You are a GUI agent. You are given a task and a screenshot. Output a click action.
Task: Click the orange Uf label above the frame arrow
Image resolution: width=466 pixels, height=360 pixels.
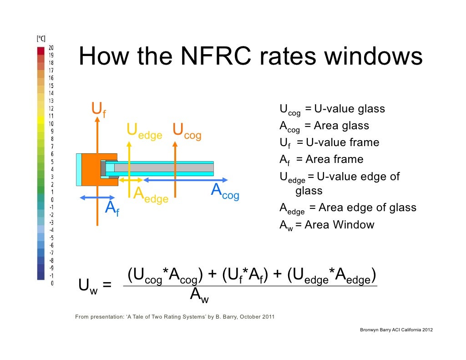(98, 110)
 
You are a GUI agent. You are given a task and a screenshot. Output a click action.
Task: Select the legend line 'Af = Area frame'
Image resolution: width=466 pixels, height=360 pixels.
(321, 160)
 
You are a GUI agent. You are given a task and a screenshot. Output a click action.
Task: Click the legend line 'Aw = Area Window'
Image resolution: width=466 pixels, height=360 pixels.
(327, 225)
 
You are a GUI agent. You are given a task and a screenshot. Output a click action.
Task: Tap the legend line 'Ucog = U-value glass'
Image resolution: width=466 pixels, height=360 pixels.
(332, 110)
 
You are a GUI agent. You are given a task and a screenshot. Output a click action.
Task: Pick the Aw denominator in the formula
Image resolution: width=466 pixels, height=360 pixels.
(199, 296)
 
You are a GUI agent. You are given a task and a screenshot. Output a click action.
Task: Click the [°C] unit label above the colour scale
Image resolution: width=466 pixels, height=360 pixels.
(41, 39)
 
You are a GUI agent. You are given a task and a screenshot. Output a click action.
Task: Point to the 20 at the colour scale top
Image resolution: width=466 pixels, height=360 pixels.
(51, 48)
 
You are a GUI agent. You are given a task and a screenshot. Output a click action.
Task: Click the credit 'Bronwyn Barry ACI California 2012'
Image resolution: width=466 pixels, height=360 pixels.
(396, 329)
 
